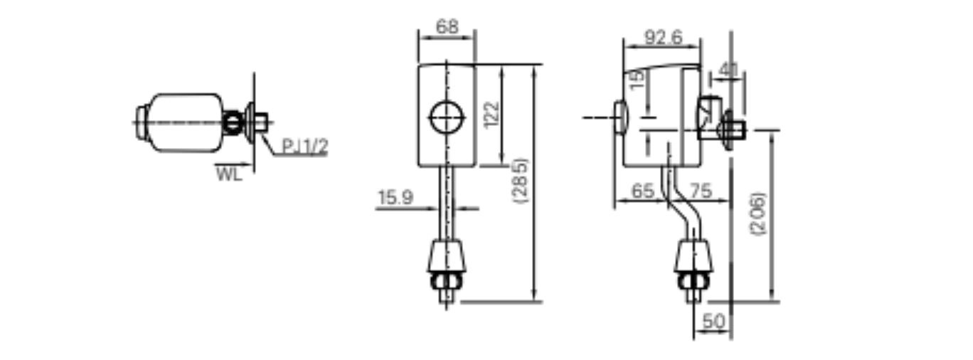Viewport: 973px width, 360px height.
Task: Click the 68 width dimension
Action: coord(447,28)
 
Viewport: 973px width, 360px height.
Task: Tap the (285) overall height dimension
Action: coord(522,181)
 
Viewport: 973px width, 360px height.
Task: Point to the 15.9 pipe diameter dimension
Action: coord(395,198)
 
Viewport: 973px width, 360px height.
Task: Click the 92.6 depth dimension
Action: coord(663,38)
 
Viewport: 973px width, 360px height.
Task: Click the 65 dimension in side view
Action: coord(642,191)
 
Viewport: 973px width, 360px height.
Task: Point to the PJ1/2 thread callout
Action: coord(304,147)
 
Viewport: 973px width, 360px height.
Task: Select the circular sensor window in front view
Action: coord(447,117)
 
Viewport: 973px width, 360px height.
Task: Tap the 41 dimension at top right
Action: coord(728,70)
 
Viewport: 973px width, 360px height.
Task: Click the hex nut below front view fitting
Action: coord(447,282)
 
